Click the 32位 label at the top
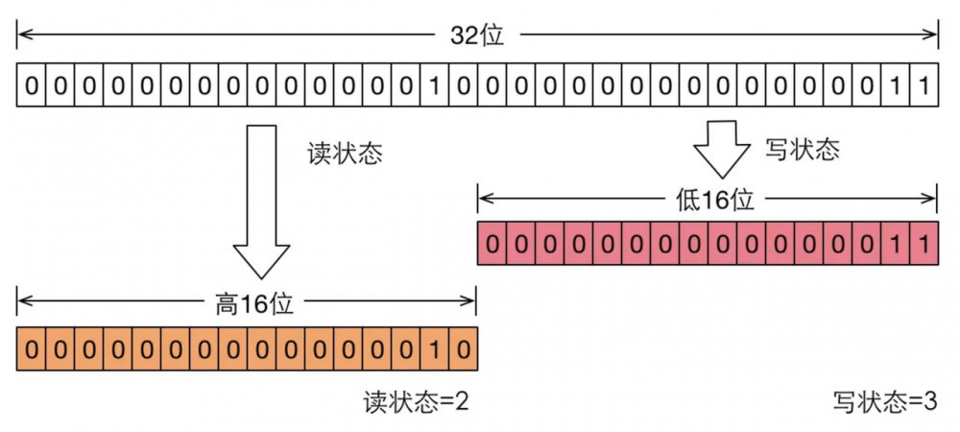[x=477, y=36]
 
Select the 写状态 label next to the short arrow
[x=802, y=149]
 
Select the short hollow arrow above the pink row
[x=722, y=145]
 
